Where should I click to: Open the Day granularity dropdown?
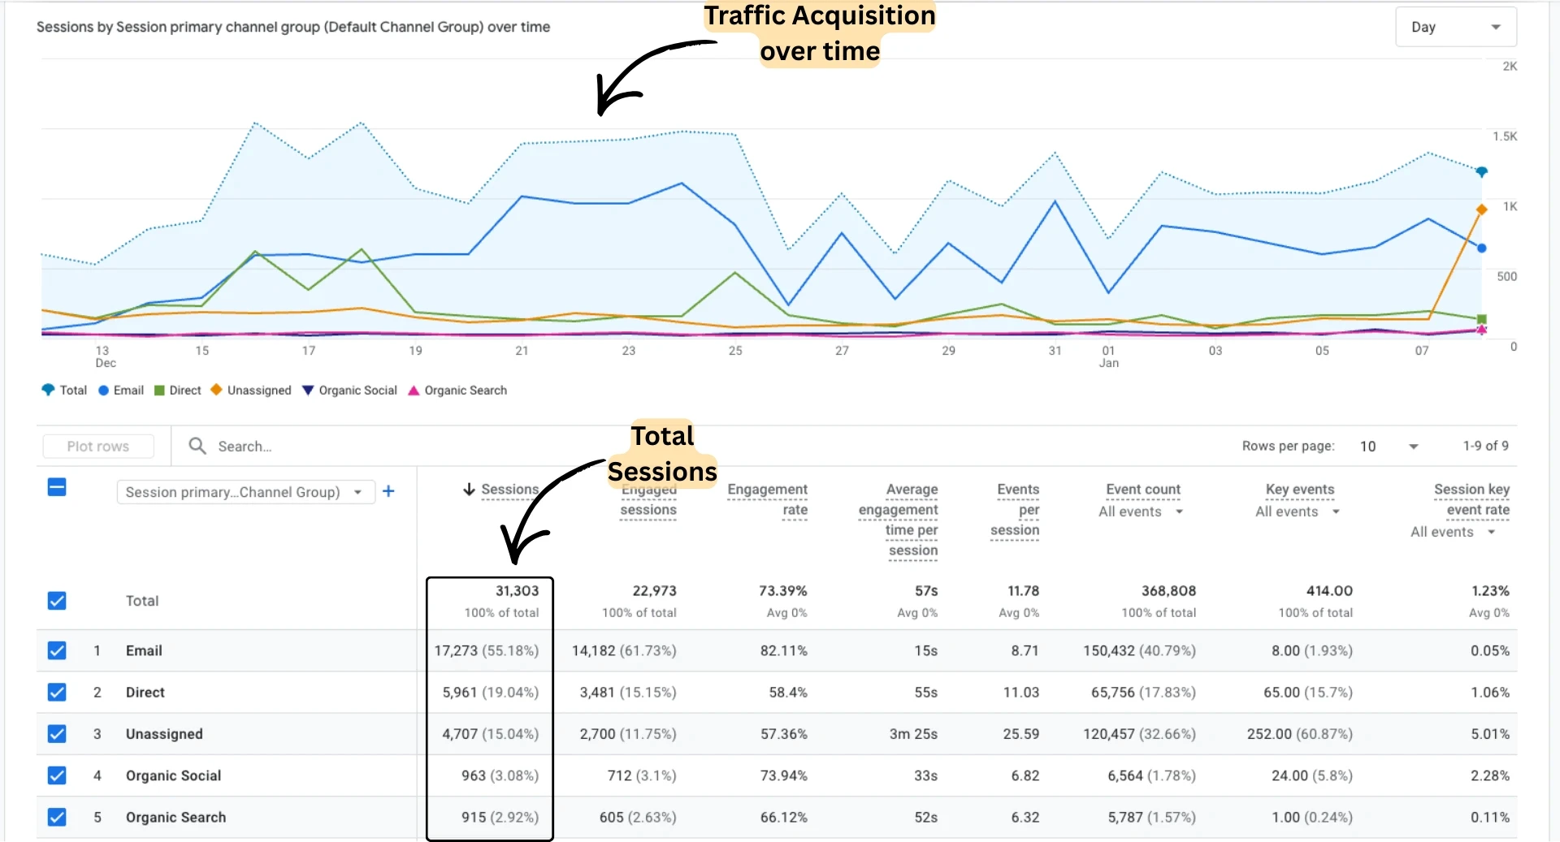pos(1455,27)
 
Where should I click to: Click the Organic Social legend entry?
pos(349,391)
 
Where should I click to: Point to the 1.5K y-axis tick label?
pos(1505,136)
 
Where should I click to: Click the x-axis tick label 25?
pos(735,351)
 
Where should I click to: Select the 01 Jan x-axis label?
pos(1109,356)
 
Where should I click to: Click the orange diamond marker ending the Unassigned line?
pos(1481,209)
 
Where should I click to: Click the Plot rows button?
pos(98,446)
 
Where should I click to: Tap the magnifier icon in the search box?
pos(197,446)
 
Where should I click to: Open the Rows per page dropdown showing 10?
pos(1389,446)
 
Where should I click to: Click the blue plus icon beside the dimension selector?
pos(388,491)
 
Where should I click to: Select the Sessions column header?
pos(509,490)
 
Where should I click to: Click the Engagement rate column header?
pos(767,499)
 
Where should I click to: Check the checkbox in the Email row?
pos(57,650)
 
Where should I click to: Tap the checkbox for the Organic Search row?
pos(57,817)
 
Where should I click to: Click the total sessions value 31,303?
pos(517,591)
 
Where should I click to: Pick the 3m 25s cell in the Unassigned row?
pos(913,734)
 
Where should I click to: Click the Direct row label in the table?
pos(145,693)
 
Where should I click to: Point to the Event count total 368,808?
pos(1168,591)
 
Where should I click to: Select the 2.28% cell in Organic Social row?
pos(1489,775)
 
